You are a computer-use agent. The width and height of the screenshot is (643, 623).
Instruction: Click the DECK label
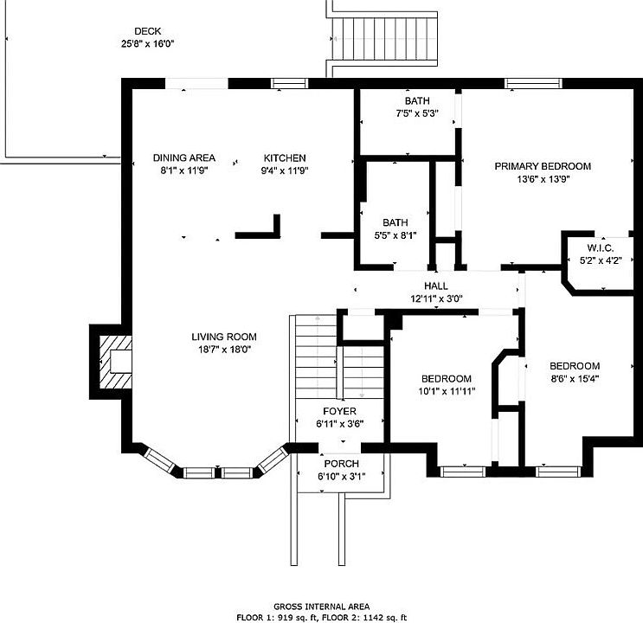pyautogui.click(x=148, y=31)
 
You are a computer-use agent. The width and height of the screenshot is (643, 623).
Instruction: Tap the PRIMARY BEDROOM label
pyautogui.click(x=543, y=166)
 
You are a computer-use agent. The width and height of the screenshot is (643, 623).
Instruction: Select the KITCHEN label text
pyautogui.click(x=285, y=157)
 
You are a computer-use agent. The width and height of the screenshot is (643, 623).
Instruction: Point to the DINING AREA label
pyautogui.click(x=184, y=157)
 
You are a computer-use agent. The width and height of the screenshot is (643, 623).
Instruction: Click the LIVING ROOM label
pyautogui.click(x=224, y=337)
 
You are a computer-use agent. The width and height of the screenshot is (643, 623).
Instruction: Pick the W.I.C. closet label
pyautogui.click(x=601, y=248)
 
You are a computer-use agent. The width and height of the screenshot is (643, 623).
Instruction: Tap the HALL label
pyautogui.click(x=436, y=286)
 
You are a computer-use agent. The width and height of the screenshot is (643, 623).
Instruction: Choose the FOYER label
pyautogui.click(x=339, y=411)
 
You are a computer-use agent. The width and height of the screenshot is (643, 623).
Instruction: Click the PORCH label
pyautogui.click(x=342, y=464)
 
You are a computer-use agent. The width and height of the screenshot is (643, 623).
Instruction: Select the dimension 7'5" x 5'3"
pyautogui.click(x=417, y=113)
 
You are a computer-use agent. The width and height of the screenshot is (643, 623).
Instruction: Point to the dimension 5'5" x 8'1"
pyautogui.click(x=395, y=235)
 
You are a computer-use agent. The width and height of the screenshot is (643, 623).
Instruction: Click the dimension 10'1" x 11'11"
pyautogui.click(x=447, y=391)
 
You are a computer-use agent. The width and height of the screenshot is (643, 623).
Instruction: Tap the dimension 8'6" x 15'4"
pyautogui.click(x=575, y=378)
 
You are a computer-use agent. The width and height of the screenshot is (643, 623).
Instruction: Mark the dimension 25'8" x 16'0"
pyautogui.click(x=148, y=44)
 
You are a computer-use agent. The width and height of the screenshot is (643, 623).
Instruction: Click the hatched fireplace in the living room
pyautogui.click(x=115, y=362)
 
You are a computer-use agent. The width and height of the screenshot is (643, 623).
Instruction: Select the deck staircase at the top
pyautogui.click(x=384, y=39)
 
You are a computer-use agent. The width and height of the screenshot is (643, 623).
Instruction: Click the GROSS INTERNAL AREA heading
pyautogui.click(x=322, y=607)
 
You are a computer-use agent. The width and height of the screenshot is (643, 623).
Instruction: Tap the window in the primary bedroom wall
pyautogui.click(x=533, y=84)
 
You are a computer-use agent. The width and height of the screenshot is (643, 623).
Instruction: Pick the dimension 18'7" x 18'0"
pyautogui.click(x=224, y=350)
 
